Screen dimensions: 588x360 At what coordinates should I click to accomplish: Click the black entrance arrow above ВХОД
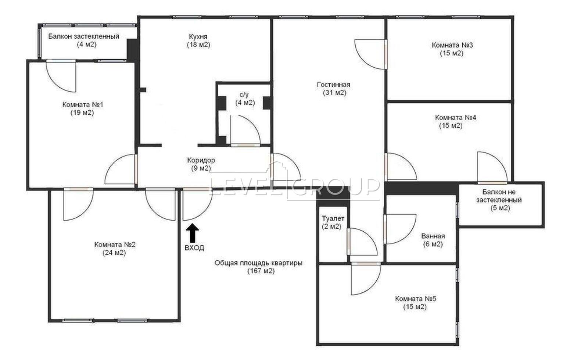(x=193, y=233)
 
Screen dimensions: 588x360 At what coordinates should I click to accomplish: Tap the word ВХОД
(x=194, y=247)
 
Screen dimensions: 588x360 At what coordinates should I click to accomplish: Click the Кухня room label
(x=198, y=36)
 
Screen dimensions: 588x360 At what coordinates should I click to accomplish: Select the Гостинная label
(x=333, y=85)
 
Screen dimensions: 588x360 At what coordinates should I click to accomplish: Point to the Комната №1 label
(x=83, y=104)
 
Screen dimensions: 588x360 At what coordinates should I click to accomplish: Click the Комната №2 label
(x=115, y=245)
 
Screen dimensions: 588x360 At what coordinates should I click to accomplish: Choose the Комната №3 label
(x=452, y=45)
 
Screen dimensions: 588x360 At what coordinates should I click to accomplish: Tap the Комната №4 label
(x=455, y=117)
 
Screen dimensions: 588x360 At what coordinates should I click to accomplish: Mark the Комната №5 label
(x=416, y=299)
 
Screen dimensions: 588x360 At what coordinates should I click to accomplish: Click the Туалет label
(x=333, y=218)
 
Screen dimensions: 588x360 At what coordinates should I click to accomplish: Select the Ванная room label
(x=433, y=236)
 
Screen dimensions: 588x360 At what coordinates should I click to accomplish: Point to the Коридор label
(x=201, y=160)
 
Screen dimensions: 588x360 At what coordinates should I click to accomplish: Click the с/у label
(x=244, y=94)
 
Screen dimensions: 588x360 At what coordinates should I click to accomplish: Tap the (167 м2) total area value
(x=261, y=271)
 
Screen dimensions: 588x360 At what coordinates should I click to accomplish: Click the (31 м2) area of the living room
(x=335, y=93)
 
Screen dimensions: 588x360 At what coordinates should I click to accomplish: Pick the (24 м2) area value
(x=114, y=253)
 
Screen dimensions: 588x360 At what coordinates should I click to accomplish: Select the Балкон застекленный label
(x=84, y=36)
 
